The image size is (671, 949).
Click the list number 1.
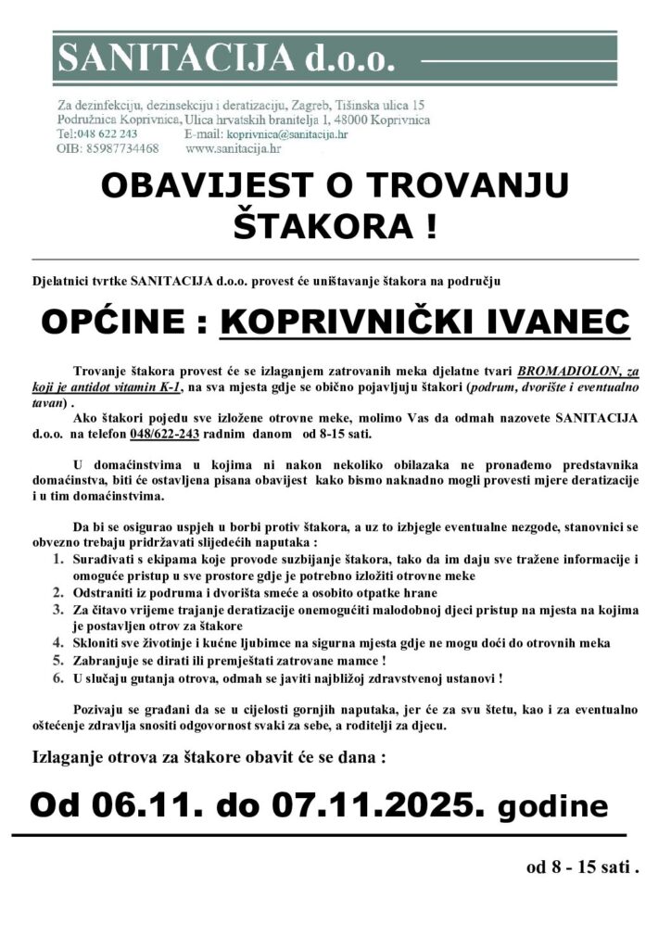click(57, 559)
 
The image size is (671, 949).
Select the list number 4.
click(57, 641)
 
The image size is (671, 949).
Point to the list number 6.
click(57, 678)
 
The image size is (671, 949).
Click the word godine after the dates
click(552, 806)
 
